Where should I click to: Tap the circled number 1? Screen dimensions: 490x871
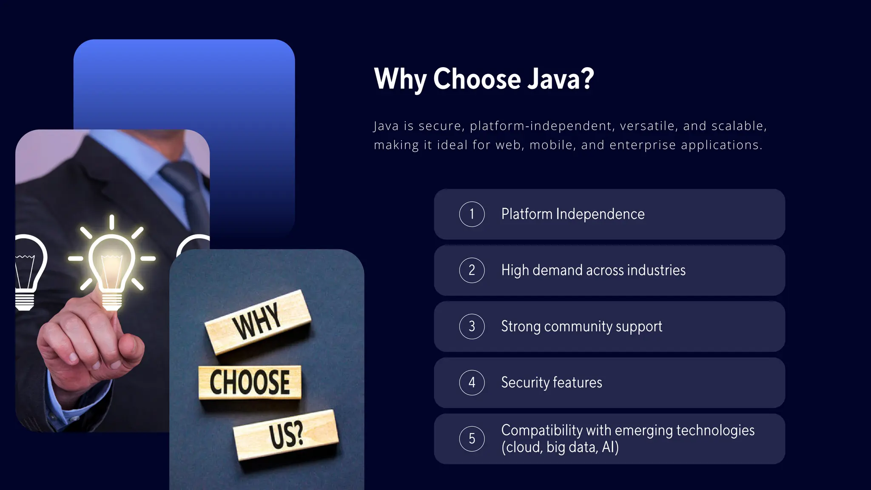pos(472,214)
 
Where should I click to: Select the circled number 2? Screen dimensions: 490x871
pos(472,270)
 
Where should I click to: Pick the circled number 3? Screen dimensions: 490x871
pos(472,326)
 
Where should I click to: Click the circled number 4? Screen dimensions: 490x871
pos(472,382)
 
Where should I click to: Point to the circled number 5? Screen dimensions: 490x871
pos(472,439)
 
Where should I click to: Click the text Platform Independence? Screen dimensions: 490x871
pos(572,214)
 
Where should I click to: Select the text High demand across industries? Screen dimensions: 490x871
pos(593,270)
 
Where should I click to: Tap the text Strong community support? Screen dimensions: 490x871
pos(581,326)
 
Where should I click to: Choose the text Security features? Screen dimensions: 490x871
pos(551,382)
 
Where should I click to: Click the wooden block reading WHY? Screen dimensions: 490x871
pos(258,322)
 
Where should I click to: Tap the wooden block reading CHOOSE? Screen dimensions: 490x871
pos(250,382)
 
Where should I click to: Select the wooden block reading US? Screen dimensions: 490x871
pos(286,435)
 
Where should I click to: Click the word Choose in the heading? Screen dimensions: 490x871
pos(477,79)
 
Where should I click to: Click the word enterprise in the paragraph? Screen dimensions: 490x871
pos(643,145)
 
